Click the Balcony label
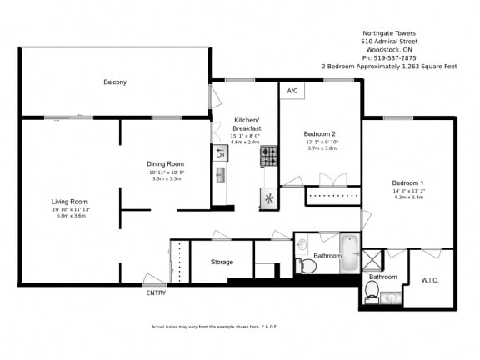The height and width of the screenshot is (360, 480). [115, 82]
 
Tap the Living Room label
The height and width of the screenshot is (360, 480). [69, 202]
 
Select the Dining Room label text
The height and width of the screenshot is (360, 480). [165, 163]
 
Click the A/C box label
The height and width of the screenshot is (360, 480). [292, 90]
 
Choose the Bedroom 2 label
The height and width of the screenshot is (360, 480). [319, 133]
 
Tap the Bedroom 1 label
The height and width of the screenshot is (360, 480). [408, 182]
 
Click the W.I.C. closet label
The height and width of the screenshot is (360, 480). [431, 279]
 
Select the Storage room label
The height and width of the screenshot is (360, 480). [222, 262]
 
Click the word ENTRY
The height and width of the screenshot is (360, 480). [156, 292]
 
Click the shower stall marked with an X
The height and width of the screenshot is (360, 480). [372, 260]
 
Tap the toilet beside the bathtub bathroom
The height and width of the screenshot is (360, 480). [307, 266]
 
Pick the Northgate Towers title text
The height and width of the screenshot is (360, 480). [388, 32]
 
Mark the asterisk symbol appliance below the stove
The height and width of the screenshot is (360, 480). [269, 198]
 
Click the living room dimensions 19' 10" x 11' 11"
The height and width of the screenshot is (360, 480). [69, 209]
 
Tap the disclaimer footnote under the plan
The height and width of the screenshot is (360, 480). [214, 326]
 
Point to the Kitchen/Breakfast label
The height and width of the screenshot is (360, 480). [247, 125]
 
